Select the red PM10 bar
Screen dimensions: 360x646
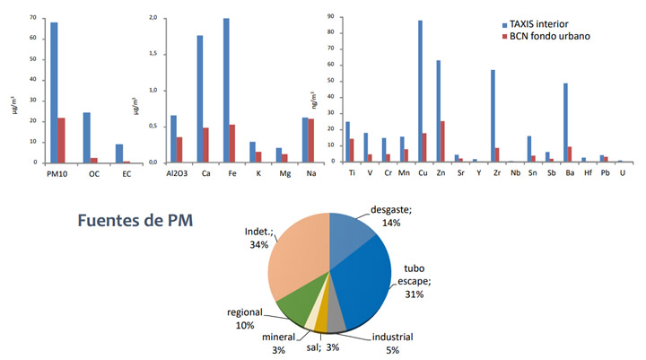(x=61, y=140)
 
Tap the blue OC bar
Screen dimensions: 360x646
(x=87, y=137)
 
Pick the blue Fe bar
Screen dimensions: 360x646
(x=226, y=90)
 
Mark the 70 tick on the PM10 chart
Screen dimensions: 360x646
(x=31, y=18)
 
